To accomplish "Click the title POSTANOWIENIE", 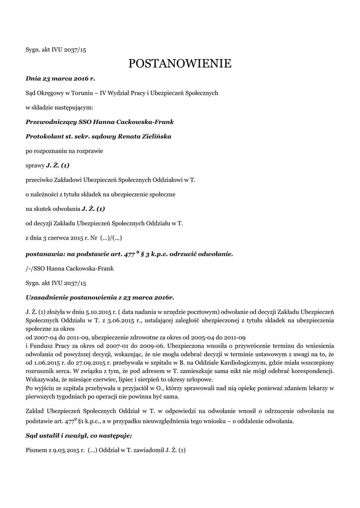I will coord(180,63).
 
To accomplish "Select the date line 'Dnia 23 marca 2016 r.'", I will coord(60,78).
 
